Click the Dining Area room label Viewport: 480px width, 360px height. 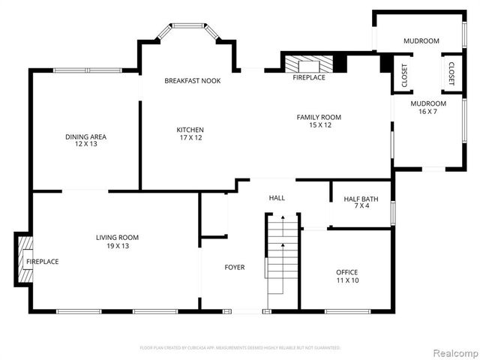85,139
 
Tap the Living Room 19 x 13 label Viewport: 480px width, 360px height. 117,241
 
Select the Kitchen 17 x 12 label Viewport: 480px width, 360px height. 190,133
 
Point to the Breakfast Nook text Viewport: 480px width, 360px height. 193,80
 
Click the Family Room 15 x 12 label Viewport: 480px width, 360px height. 319,121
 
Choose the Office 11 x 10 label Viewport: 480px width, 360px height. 346,276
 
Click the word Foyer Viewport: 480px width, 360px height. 235,267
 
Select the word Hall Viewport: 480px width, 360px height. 277,198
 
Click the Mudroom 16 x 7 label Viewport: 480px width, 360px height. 427,107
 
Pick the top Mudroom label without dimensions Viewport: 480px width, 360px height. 421,41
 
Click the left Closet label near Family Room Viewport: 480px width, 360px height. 405,74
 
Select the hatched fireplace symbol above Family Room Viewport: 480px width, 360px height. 309,63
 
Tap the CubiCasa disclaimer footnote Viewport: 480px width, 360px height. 240,348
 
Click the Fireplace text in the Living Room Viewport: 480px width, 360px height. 43,261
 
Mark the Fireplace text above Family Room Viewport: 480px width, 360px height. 309,77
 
